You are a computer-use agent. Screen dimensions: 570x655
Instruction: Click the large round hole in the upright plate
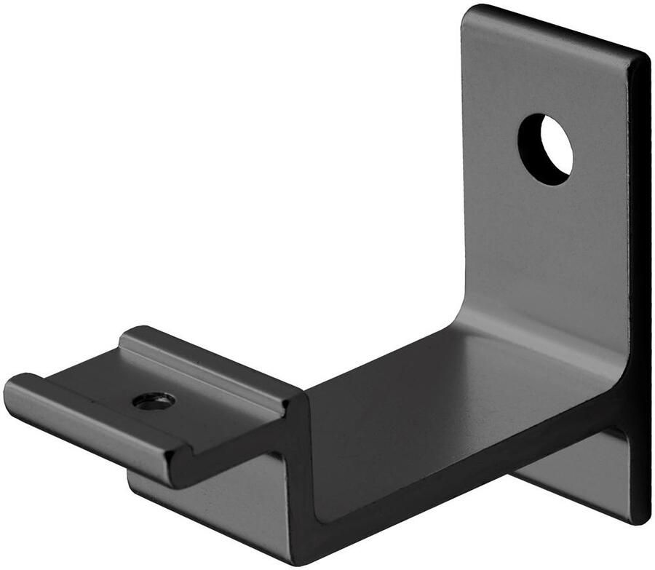(545, 149)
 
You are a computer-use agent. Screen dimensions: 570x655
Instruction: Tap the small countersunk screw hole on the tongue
(154, 400)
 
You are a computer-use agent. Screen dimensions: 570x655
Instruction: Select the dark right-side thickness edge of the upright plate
(640, 291)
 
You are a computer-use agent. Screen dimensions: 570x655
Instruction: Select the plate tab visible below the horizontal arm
(575, 473)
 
